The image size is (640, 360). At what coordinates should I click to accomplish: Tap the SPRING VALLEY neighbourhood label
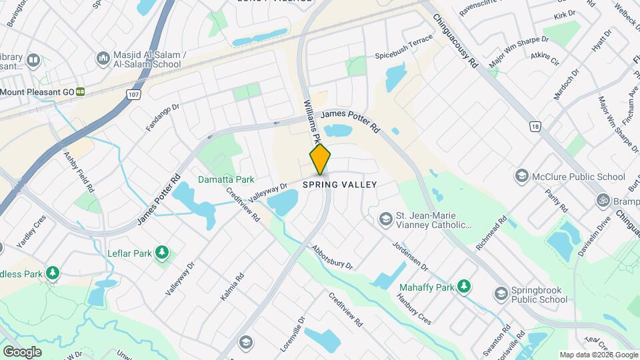(340, 185)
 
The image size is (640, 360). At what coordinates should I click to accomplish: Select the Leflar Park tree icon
(161, 252)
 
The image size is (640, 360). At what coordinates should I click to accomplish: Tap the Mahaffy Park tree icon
(464, 287)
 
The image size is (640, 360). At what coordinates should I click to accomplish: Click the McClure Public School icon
(521, 176)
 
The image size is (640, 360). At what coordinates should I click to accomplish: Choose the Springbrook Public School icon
(501, 293)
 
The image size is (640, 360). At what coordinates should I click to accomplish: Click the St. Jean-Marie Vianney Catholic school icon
(385, 219)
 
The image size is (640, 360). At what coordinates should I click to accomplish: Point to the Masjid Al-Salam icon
(103, 59)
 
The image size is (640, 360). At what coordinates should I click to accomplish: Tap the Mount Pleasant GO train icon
(80, 92)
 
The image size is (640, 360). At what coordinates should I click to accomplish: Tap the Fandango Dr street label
(163, 116)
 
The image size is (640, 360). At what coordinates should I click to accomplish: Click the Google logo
(22, 351)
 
